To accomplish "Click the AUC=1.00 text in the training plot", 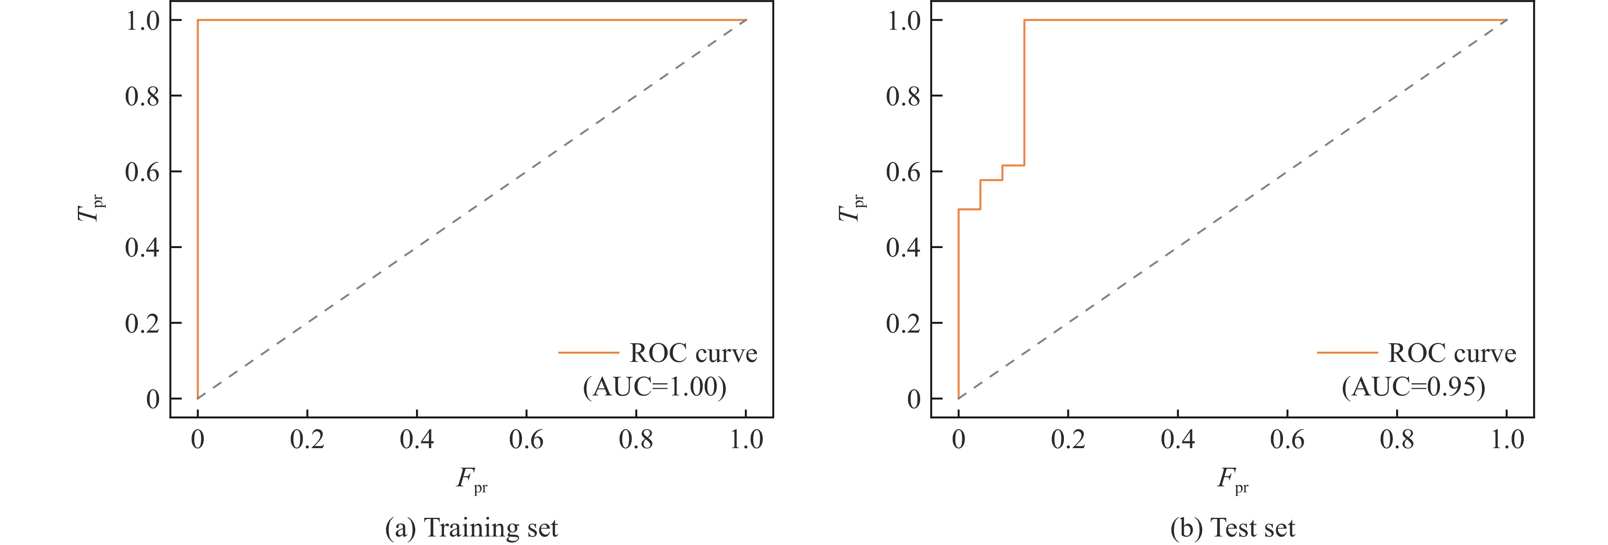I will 655,387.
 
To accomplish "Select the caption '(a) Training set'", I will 471,528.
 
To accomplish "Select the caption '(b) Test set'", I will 1233,528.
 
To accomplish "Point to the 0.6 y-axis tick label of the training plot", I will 143,172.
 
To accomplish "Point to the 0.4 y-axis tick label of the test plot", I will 903,248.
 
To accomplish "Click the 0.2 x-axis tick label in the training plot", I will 307,440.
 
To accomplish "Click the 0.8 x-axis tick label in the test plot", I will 1397,440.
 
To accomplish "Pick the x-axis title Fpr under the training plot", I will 471,480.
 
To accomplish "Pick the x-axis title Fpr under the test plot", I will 1232,480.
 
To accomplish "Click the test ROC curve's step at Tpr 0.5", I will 969,209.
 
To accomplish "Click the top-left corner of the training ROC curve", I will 198,20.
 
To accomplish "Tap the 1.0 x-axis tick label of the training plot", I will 746,440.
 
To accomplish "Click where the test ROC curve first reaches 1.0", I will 1024,20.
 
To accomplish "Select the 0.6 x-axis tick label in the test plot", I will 1287,440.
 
